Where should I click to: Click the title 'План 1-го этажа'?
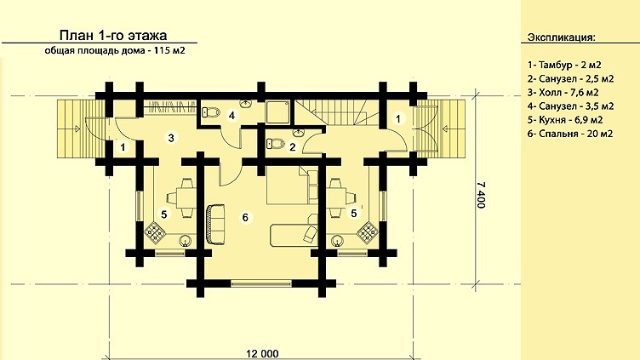tap(113, 36)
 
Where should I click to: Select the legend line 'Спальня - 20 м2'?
tap(575, 134)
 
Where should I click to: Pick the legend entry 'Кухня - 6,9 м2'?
tap(570, 120)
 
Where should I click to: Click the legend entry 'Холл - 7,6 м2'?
tap(569, 92)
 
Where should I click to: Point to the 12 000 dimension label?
tap(262, 353)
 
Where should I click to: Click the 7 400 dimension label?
tap(482, 195)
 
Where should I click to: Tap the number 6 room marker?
tap(245, 217)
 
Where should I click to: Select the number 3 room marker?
tap(171, 138)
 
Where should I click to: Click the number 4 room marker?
tap(231, 116)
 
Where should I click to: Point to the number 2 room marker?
tap(292, 147)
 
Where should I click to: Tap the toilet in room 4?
tap(211, 112)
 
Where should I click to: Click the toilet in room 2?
tap(276, 144)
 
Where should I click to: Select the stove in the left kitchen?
tap(155, 233)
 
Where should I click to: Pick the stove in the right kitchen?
tap(368, 233)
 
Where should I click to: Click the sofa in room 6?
tap(215, 225)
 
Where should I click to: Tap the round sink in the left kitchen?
tap(186, 241)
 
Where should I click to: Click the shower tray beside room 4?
tap(278, 112)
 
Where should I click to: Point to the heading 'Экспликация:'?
tap(561, 37)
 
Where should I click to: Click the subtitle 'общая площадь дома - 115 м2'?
tap(115, 51)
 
